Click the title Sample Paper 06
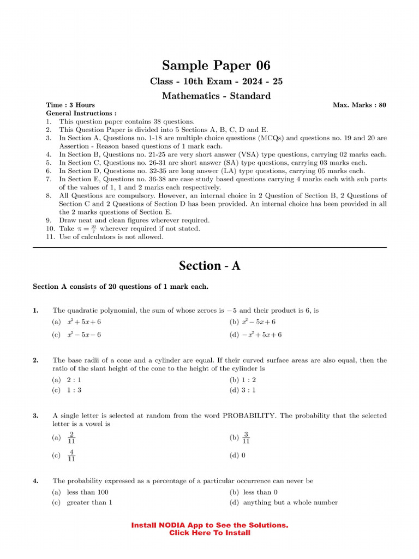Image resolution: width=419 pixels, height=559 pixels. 209,66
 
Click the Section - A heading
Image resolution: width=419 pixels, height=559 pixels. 209,266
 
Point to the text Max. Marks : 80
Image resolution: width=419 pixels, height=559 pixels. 359,105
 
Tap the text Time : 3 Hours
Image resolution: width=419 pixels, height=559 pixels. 70,105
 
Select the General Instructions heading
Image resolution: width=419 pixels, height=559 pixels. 81,113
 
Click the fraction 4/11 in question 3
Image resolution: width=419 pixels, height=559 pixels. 71,455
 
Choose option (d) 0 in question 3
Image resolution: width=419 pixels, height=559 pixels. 237,455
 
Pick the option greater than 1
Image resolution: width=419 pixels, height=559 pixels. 89,502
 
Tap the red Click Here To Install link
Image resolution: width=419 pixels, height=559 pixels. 209,533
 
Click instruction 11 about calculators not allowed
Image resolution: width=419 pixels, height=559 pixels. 111,237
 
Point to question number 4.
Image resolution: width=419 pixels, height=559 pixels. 35,481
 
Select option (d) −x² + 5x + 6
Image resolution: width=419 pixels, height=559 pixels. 256,335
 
